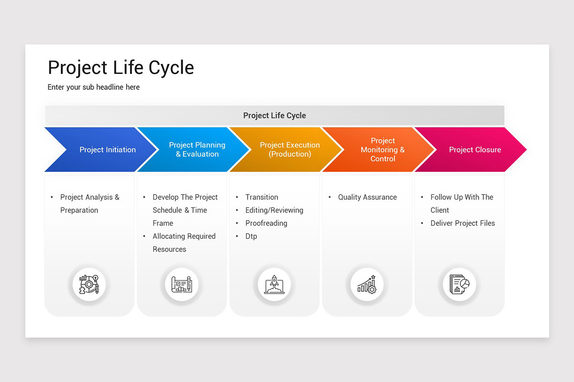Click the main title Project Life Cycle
pos(121,68)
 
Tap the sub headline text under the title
pos(94,87)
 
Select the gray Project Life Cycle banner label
pos(275,116)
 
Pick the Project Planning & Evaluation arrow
pos(197,149)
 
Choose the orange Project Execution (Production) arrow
pos(289,149)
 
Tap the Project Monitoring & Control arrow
pos(382,149)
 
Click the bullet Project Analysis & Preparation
pos(89,203)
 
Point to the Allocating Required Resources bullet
pos(184,243)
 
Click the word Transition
pos(261,197)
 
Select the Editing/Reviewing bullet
pos(274,210)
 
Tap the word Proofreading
pos(266,223)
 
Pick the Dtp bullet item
pos(251,236)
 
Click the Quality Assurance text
pos(367,197)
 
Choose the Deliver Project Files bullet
pos(462,223)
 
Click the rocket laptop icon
pos(274,285)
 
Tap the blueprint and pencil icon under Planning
pos(182,285)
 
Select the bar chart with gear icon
pos(367,285)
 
